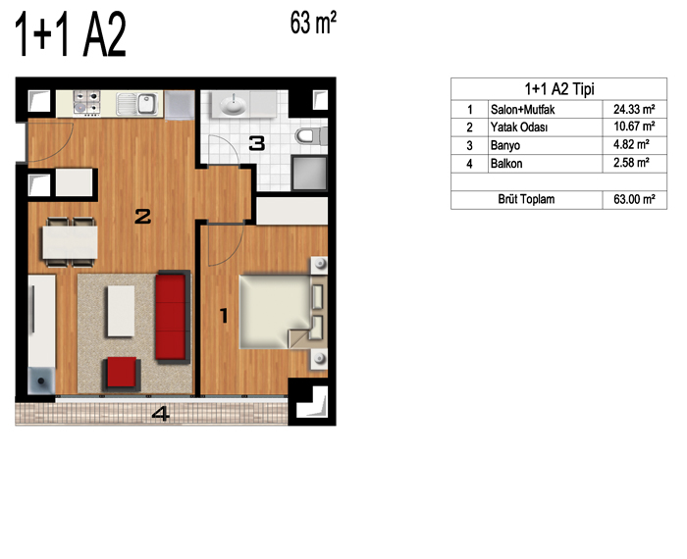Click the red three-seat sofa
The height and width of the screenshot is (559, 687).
pyautogui.click(x=173, y=317)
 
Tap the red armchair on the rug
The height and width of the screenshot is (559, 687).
pyautogui.click(x=122, y=373)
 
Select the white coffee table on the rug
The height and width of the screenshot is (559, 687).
pyautogui.click(x=121, y=311)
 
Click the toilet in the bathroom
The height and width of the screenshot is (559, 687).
pyautogui.click(x=311, y=135)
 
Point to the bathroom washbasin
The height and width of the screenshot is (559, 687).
pyautogui.click(x=234, y=105)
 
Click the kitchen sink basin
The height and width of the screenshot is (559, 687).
pyautogui.click(x=147, y=104)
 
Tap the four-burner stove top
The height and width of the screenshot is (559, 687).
pyautogui.click(x=86, y=103)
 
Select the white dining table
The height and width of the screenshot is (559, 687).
pyautogui.click(x=70, y=242)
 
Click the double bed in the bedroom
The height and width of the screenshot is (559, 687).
pyautogui.click(x=283, y=312)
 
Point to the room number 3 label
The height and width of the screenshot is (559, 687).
pyautogui.click(x=257, y=143)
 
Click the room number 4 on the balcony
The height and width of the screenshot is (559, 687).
pyautogui.click(x=161, y=414)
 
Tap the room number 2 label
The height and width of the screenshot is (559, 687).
pyautogui.click(x=143, y=217)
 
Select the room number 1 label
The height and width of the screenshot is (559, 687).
pyautogui.click(x=224, y=316)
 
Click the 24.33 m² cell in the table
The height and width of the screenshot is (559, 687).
pyautogui.click(x=634, y=109)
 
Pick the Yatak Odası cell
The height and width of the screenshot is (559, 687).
pyautogui.click(x=519, y=127)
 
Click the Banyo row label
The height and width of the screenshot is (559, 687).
pyautogui.click(x=505, y=145)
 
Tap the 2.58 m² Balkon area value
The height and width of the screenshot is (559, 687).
pyautogui.click(x=631, y=163)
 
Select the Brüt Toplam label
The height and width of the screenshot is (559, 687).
pyautogui.click(x=526, y=200)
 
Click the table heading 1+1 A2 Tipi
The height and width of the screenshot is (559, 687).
pyautogui.click(x=559, y=89)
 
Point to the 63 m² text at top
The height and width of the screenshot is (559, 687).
pyautogui.click(x=313, y=23)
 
